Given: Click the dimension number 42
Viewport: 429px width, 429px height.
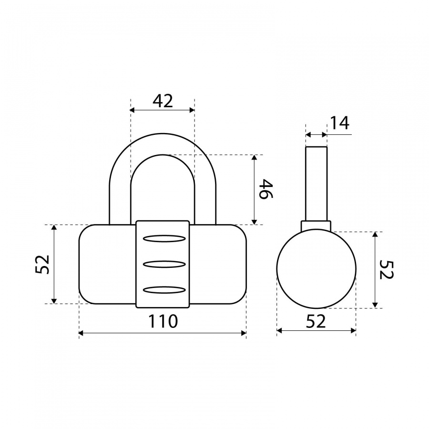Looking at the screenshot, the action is (163, 101).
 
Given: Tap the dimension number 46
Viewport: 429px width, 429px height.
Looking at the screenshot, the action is (266, 189).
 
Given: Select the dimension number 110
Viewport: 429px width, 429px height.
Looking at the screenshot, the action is (163, 321).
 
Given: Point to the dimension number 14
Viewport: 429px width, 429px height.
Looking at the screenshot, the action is (339, 123).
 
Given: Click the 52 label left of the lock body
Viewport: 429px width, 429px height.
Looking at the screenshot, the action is (42, 264).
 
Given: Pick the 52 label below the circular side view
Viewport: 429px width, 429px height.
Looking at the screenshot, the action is (316, 321).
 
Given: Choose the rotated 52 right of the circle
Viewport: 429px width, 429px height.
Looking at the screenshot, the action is (387, 270).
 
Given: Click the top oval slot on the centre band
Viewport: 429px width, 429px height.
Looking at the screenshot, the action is (164, 239).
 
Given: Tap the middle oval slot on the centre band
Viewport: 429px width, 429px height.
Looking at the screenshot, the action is (164, 264).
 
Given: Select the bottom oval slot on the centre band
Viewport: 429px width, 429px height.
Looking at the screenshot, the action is (164, 290).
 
